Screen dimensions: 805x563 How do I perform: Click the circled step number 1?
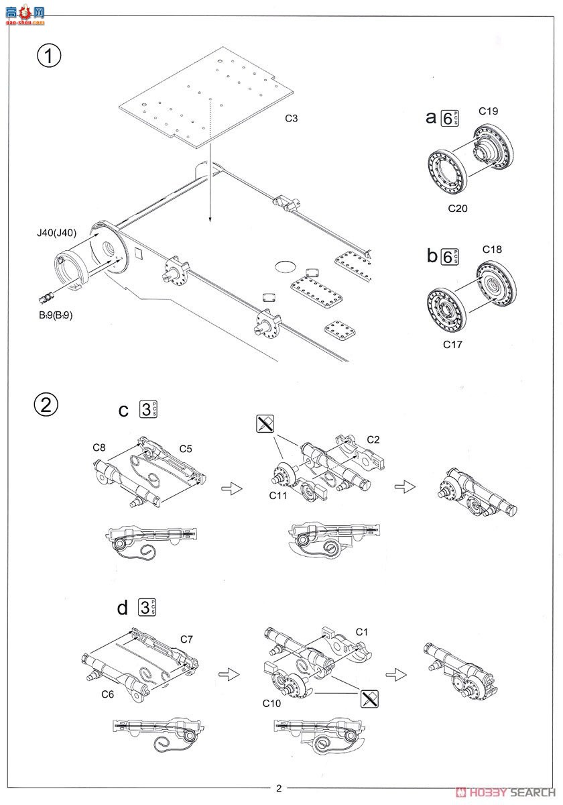48,54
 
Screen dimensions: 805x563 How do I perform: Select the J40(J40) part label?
58,233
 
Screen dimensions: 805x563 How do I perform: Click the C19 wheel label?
488,111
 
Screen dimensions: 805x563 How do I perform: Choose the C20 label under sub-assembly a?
458,208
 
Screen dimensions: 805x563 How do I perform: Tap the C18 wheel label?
492,250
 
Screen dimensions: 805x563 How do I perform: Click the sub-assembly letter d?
122,608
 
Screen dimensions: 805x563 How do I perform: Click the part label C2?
373,439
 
